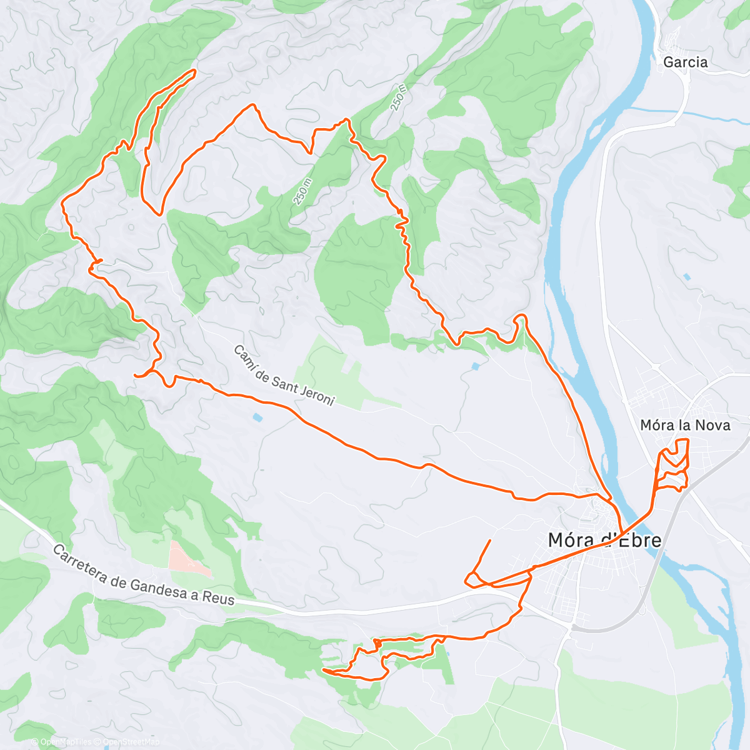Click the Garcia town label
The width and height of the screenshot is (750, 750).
(x=685, y=62)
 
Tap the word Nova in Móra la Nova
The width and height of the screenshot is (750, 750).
(x=713, y=425)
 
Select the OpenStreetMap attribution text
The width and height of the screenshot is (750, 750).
(x=131, y=742)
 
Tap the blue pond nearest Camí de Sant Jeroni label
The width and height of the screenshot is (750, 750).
(x=257, y=417)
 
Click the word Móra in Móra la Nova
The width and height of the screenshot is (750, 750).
(x=656, y=425)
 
